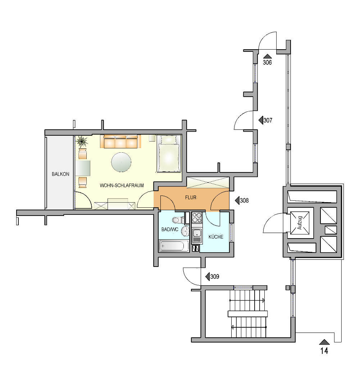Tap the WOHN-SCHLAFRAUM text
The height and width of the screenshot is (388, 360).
[x=122, y=186]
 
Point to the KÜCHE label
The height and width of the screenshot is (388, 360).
[x=216, y=237]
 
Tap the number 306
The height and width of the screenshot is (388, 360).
[x=267, y=62]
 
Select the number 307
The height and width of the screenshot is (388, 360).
[x=268, y=120]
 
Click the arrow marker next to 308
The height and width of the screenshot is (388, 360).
[x=237, y=200]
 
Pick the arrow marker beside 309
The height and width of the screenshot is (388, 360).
[x=207, y=277]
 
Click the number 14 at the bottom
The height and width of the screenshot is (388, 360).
[x=324, y=351]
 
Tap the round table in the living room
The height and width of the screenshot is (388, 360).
[x=122, y=162]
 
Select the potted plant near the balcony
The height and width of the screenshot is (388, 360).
[x=82, y=142]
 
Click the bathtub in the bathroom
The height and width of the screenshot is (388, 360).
[x=173, y=246]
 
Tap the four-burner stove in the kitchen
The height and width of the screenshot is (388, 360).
[x=197, y=217]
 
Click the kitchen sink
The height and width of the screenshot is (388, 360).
[x=197, y=236]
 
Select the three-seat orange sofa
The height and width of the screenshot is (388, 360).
[x=121, y=142]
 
